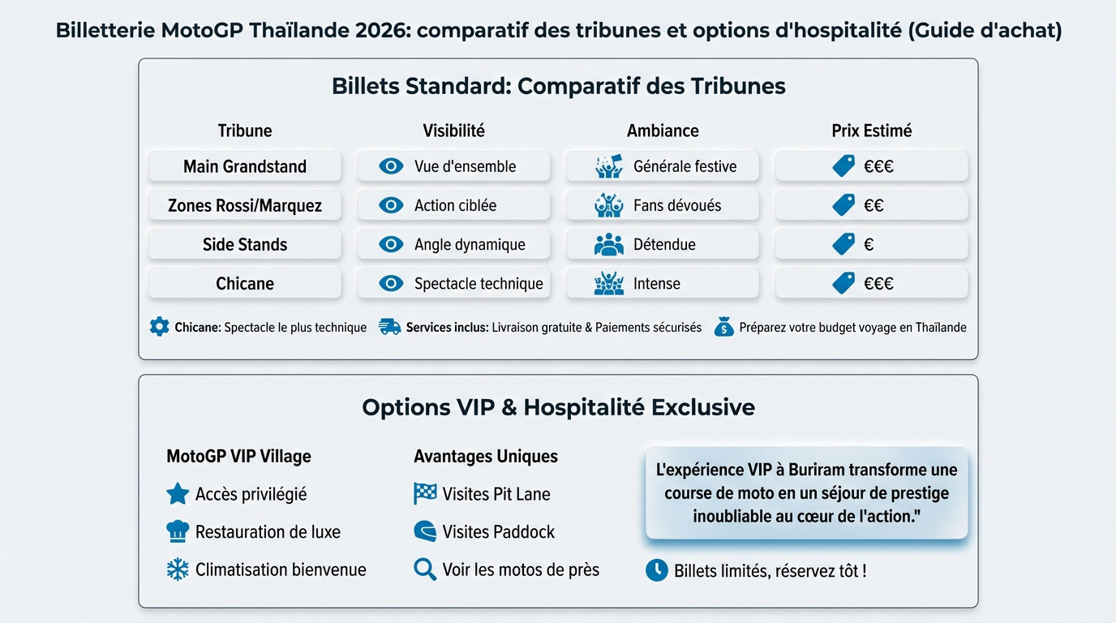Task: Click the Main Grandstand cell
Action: [245, 166]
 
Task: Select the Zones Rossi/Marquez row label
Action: [245, 206]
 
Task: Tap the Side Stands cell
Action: [245, 245]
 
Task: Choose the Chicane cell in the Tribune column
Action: [245, 284]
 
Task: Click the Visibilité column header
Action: [453, 131]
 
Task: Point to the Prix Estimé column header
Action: [872, 131]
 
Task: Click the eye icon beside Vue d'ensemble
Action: [391, 166]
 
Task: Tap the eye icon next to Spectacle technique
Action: [391, 284]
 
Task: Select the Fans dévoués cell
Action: [663, 206]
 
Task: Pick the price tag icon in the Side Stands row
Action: [843, 244]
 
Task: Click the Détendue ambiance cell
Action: [663, 245]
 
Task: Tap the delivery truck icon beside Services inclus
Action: [390, 328]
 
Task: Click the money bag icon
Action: [723, 328]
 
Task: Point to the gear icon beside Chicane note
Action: [160, 327]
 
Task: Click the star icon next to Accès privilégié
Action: [178, 494]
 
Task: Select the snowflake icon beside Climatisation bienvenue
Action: [178, 570]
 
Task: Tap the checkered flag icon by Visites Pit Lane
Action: [425, 494]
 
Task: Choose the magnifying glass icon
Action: [425, 569]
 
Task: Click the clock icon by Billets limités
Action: [656, 570]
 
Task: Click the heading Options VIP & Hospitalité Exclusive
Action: [558, 407]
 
